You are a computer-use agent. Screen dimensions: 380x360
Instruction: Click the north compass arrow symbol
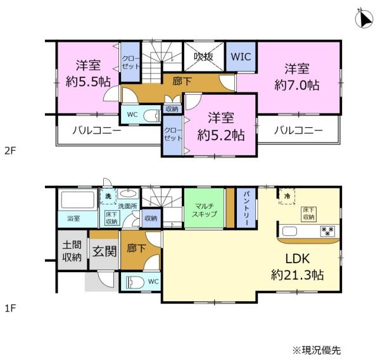pyautogui.click(x=364, y=18)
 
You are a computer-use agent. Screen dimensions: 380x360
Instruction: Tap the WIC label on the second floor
pyautogui.click(x=241, y=57)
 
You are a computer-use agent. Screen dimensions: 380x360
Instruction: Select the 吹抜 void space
pyautogui.click(x=204, y=57)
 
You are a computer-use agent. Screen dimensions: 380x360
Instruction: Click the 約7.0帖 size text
pyautogui.click(x=297, y=85)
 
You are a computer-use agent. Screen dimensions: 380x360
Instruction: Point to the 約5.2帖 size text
pyautogui.click(x=221, y=135)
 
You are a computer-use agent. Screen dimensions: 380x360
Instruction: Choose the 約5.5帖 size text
pyautogui.click(x=88, y=82)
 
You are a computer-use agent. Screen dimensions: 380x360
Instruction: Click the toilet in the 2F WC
pyautogui.click(x=152, y=115)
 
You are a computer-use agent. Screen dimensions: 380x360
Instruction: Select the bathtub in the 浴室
pyautogui.click(x=77, y=200)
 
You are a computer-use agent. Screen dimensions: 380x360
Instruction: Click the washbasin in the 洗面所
pyautogui.click(x=128, y=194)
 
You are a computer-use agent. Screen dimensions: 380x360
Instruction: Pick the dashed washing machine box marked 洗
pyautogui.click(x=108, y=196)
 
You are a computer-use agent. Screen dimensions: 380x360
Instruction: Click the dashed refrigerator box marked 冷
pyautogui.click(x=287, y=196)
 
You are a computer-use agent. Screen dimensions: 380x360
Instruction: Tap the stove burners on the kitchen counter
pyautogui.click(x=327, y=231)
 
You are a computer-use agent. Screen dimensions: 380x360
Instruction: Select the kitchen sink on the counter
pyautogui.click(x=289, y=231)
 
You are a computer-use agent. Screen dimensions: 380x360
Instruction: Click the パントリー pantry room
pyautogui.click(x=246, y=208)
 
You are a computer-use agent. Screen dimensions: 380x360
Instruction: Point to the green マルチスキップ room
pyautogui.click(x=204, y=208)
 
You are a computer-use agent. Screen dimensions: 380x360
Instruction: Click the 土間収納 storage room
pyautogui.click(x=72, y=250)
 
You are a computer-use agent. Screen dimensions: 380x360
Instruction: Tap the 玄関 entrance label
pyautogui.click(x=104, y=251)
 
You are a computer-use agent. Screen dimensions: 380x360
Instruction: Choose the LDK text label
pyautogui.click(x=298, y=259)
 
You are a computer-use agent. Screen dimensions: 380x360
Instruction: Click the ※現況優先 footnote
pyautogui.click(x=317, y=351)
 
